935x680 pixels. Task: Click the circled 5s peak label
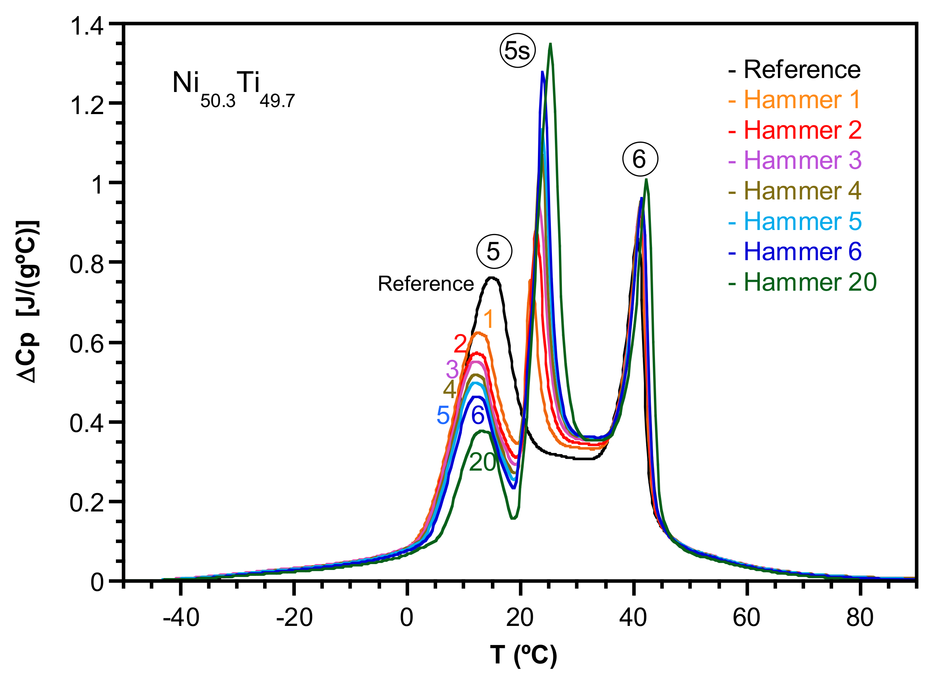pyautogui.click(x=517, y=50)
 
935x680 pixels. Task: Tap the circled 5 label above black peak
pyautogui.click(x=494, y=251)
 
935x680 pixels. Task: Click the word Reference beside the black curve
pyautogui.click(x=425, y=284)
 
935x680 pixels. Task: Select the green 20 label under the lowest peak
pyautogui.click(x=482, y=462)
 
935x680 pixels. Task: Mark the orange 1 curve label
pyautogui.click(x=489, y=319)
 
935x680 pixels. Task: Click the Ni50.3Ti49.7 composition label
pyautogui.click(x=233, y=89)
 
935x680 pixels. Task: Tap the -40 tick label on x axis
pyautogui.click(x=181, y=618)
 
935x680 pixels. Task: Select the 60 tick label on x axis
pyautogui.click(x=747, y=618)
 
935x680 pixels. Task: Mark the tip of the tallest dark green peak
pyautogui.click(x=550, y=44)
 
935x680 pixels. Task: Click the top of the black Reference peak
pyautogui.click(x=493, y=277)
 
